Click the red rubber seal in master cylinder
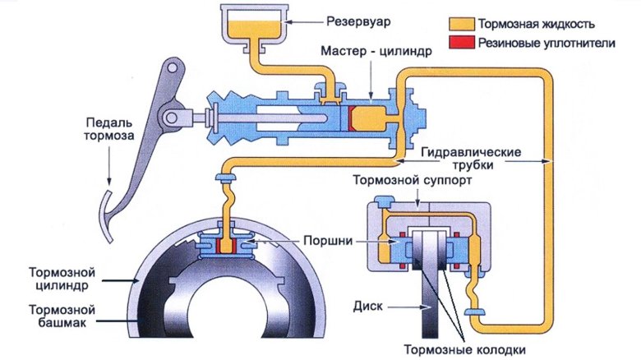tap(353, 118)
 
